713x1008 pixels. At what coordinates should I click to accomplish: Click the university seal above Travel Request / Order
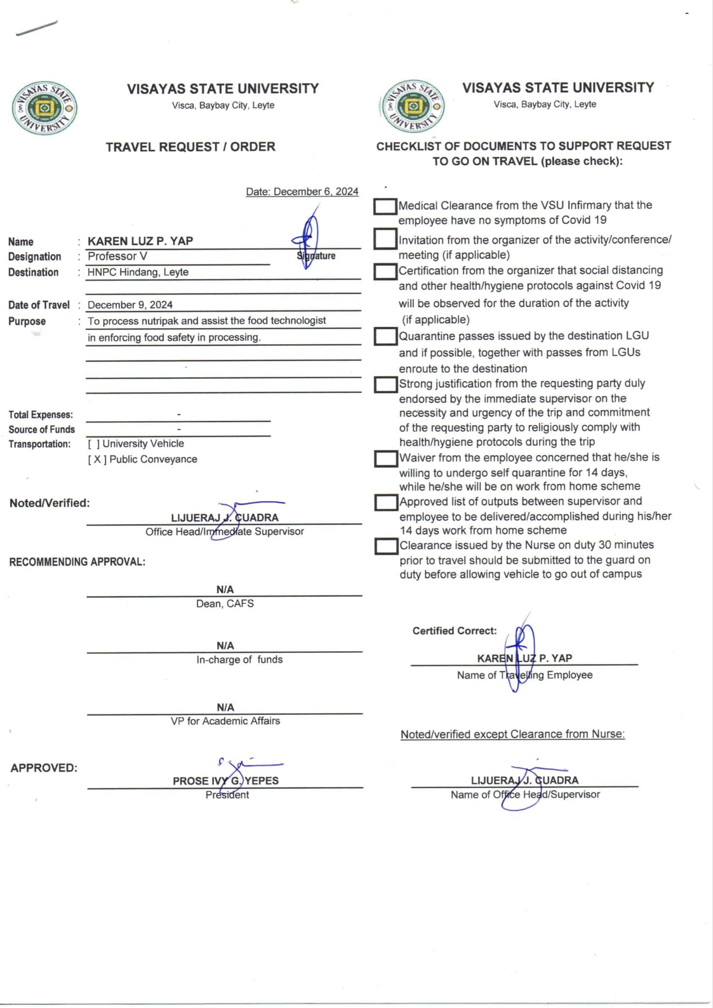tap(44, 108)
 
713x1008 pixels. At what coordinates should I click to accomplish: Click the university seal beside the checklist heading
tap(413, 106)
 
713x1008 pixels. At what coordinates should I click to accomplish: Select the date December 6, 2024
tap(302, 191)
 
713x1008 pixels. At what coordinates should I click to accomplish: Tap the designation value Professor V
tap(117, 256)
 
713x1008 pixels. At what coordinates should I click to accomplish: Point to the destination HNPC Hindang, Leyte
tap(138, 272)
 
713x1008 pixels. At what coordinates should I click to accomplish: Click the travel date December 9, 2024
tap(130, 305)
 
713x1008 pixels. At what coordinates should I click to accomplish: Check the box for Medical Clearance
tap(385, 207)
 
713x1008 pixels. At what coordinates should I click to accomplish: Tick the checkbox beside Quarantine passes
tap(385, 337)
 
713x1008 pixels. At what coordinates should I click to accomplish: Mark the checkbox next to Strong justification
tap(385, 385)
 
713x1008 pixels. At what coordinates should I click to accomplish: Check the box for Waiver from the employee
tap(385, 459)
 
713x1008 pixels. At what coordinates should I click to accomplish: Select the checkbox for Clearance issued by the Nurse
tap(386, 546)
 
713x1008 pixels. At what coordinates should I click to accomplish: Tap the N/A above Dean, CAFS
tap(225, 589)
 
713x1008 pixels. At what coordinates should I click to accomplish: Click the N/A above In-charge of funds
tap(225, 645)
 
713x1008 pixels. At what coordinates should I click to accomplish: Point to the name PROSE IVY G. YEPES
tap(225, 781)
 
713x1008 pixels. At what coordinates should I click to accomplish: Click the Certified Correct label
tap(454, 630)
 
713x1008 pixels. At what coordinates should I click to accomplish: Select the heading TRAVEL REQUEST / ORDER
tap(190, 147)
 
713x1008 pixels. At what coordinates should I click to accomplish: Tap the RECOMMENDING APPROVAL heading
tap(77, 562)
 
